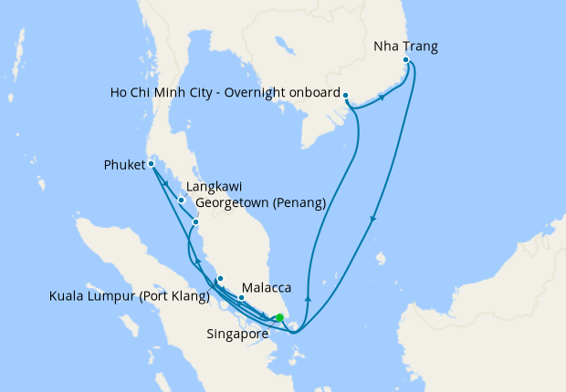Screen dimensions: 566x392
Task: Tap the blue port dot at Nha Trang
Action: (x=407, y=63)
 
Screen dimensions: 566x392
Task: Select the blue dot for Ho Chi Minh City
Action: (x=346, y=94)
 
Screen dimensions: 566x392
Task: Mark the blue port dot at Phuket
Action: (x=152, y=165)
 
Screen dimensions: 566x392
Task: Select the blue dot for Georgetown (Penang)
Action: (x=196, y=222)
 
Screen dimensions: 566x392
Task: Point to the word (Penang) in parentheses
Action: (x=299, y=202)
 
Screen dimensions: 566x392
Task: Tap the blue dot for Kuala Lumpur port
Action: (x=220, y=278)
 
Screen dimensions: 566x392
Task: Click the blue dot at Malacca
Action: (x=241, y=297)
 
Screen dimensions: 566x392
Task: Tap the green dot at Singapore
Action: (x=280, y=317)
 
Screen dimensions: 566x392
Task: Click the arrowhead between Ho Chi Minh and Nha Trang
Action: (x=380, y=98)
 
